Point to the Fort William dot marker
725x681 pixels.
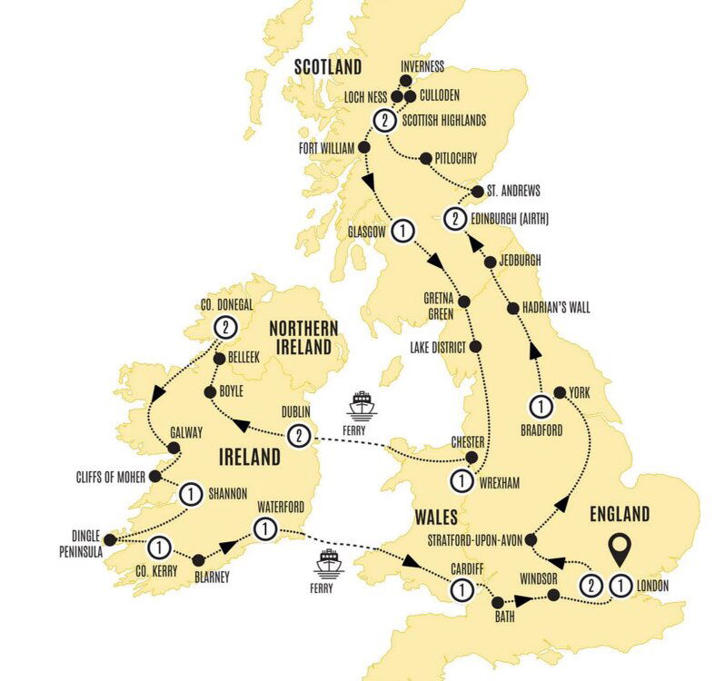tap(364, 147)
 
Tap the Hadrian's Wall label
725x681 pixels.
tap(550, 307)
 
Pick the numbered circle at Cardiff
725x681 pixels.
tap(462, 590)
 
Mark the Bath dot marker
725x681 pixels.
tap(497, 602)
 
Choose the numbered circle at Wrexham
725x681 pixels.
tap(462, 482)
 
